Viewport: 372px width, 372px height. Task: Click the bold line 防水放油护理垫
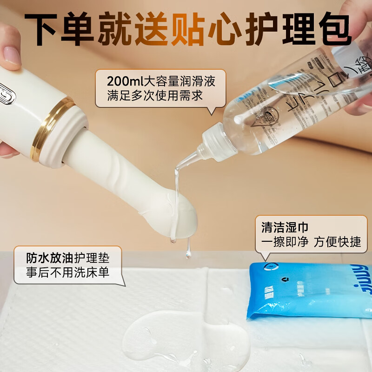coord(68,257)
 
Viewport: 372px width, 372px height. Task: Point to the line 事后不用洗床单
coord(68,272)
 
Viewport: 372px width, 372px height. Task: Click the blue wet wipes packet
coord(309,291)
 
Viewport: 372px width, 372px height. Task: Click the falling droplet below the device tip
coord(188,254)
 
